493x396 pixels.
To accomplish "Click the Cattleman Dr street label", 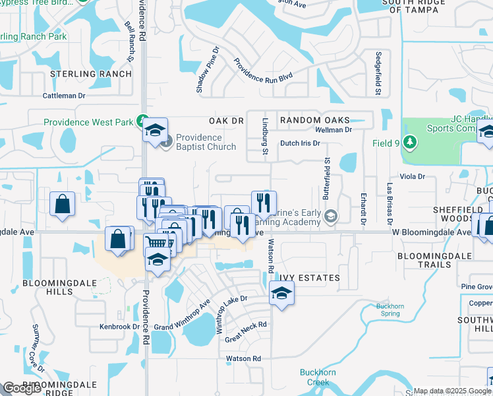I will click(65, 96).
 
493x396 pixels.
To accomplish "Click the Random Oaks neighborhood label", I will click(314, 121).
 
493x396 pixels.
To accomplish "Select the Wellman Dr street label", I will click(341, 130).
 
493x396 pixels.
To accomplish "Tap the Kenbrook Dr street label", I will click(119, 327).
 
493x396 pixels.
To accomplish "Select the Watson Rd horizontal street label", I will click(244, 358).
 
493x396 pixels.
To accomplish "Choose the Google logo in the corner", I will click(22, 388).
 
